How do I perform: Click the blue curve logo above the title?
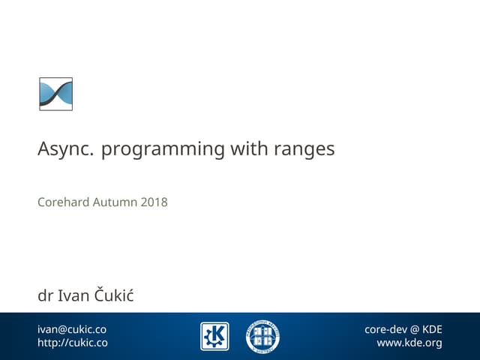coord(55,94)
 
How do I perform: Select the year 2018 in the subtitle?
coord(154,202)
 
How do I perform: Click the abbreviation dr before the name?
coord(45,296)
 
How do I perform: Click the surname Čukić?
coord(114,295)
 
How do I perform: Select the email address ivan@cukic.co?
coord(72,329)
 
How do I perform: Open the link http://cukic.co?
coord(73,343)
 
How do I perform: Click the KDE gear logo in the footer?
coord(214,336)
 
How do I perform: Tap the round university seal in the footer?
coord(262,336)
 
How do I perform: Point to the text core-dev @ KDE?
coord(403,329)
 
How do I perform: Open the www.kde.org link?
coord(409,343)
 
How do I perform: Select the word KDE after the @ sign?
coord(432,329)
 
